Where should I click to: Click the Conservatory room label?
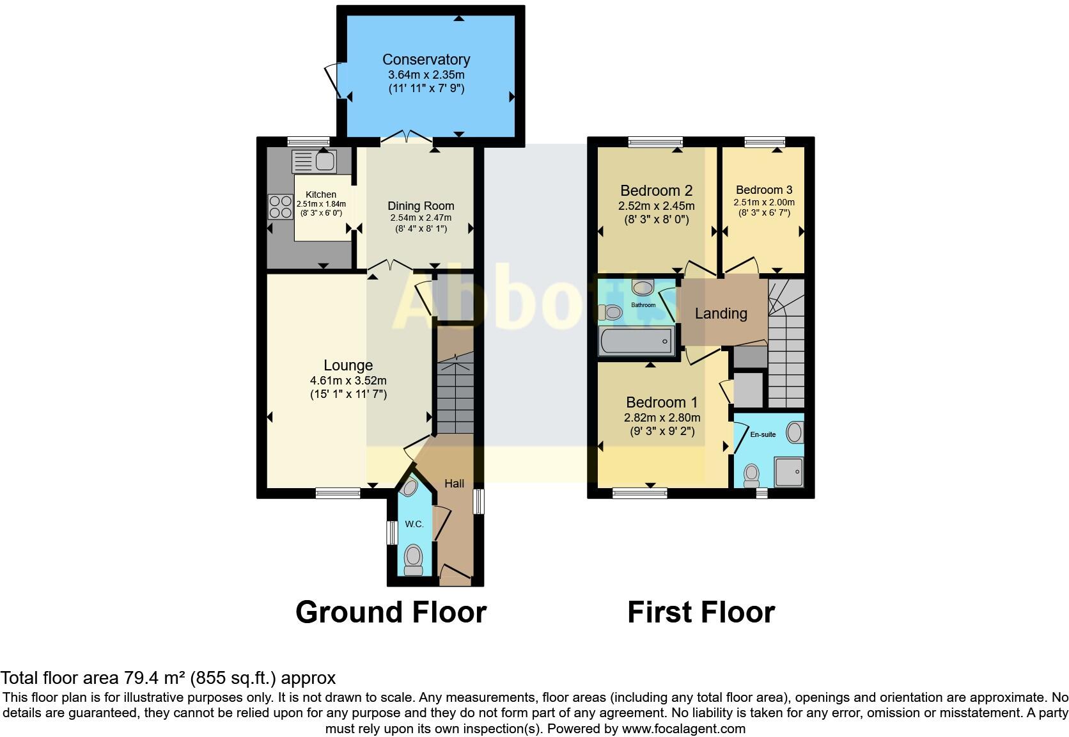[426, 59]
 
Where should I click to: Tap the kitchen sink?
[314, 161]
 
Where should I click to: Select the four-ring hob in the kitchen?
[279, 207]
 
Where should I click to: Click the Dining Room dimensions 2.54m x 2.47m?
[421, 218]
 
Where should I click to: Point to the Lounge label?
[348, 365]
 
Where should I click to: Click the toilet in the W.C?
[414, 559]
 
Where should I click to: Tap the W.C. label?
[414, 524]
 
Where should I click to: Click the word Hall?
[454, 484]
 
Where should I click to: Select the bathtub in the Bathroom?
[637, 341]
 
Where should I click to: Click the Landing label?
[721, 313]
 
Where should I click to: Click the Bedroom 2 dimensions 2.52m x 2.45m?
[656, 206]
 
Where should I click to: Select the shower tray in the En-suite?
[789, 471]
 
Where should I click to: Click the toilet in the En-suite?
[752, 475]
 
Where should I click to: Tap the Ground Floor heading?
[391, 612]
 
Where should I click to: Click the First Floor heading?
[701, 612]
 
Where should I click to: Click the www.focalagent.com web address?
[683, 728]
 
